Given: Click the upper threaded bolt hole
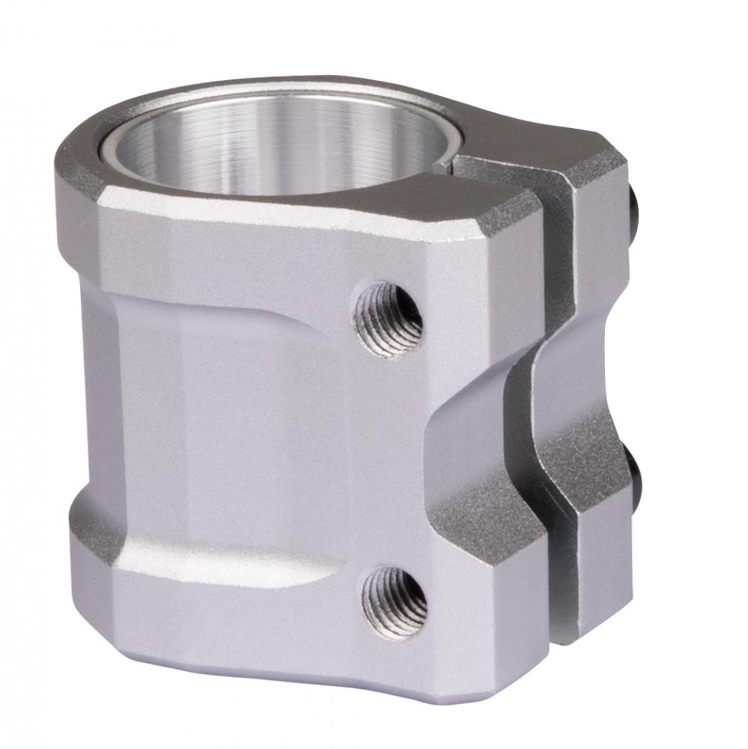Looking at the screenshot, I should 388,318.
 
